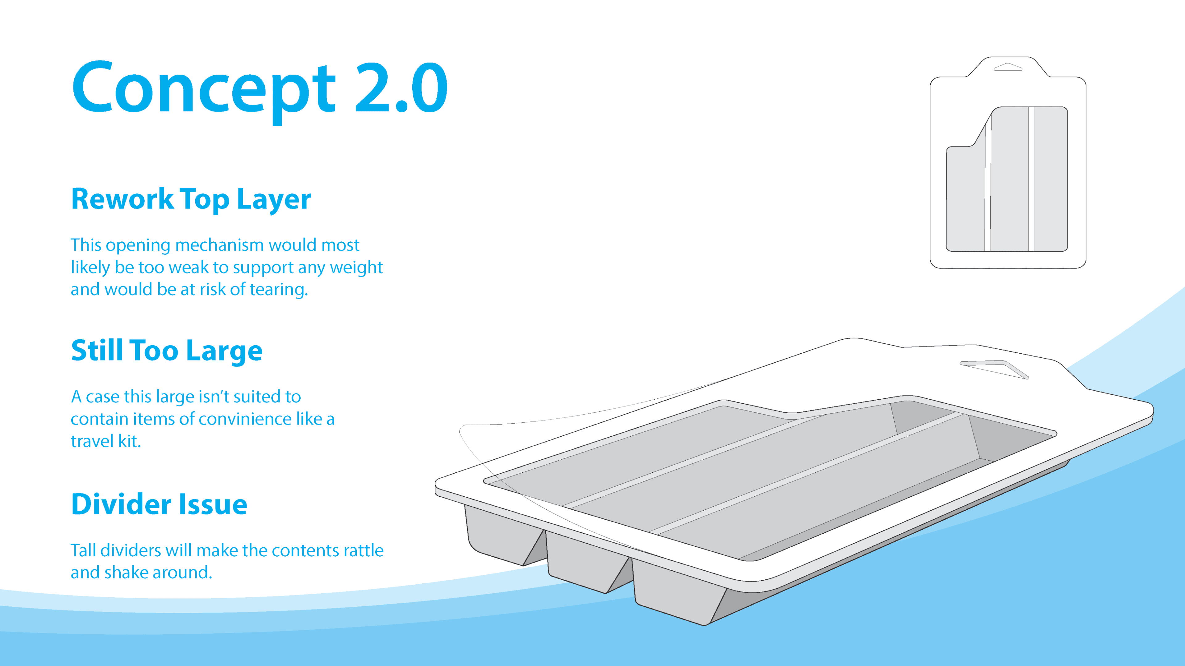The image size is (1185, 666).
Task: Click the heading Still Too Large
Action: coord(167,350)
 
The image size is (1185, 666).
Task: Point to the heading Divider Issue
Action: coord(159,504)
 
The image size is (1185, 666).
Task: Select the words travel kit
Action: coord(106,441)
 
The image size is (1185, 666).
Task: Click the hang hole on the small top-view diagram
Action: coord(1008,67)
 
